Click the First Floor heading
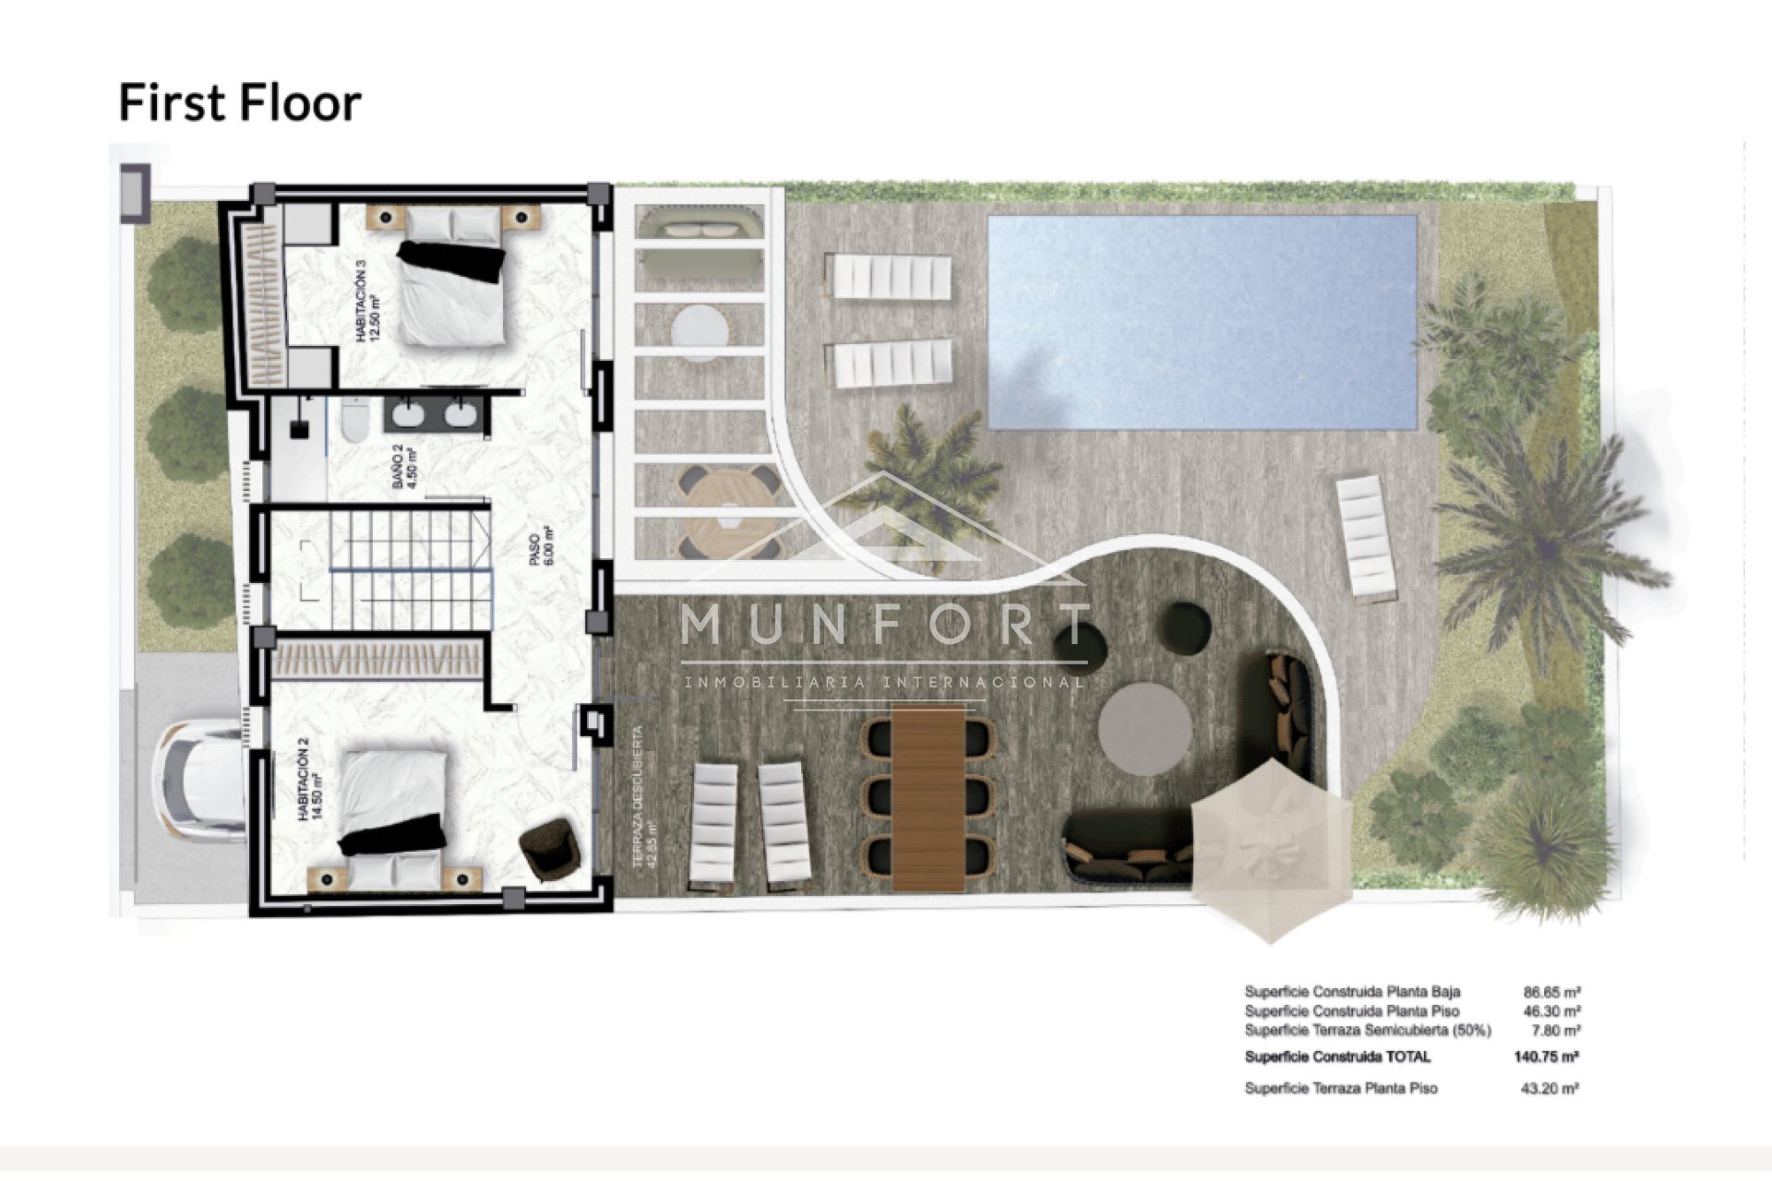(240, 102)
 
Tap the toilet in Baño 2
(353, 421)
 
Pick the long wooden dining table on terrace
(928, 797)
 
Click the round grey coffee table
(1144, 727)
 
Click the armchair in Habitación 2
(550, 848)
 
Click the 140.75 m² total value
(1546, 1057)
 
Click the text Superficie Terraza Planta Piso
(1340, 1089)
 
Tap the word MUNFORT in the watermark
(884, 625)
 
